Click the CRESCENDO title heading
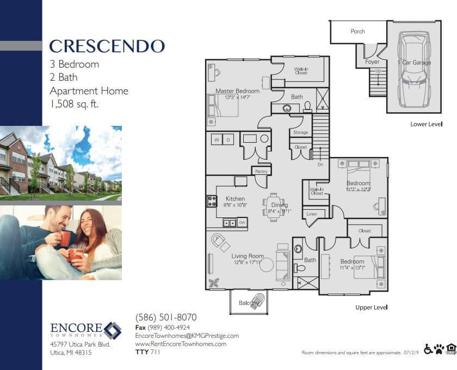(107, 46)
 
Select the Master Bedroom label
(237, 91)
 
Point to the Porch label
(357, 32)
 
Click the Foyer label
(372, 62)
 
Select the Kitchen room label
(235, 199)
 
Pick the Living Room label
(247, 256)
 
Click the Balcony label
(249, 303)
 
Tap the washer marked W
(216, 140)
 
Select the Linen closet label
(312, 214)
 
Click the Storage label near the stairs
(300, 132)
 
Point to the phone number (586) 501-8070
(165, 317)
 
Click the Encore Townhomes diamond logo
(113, 330)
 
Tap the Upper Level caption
(371, 307)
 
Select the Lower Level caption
(426, 124)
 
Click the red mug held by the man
(65, 239)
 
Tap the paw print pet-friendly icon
(439, 349)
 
